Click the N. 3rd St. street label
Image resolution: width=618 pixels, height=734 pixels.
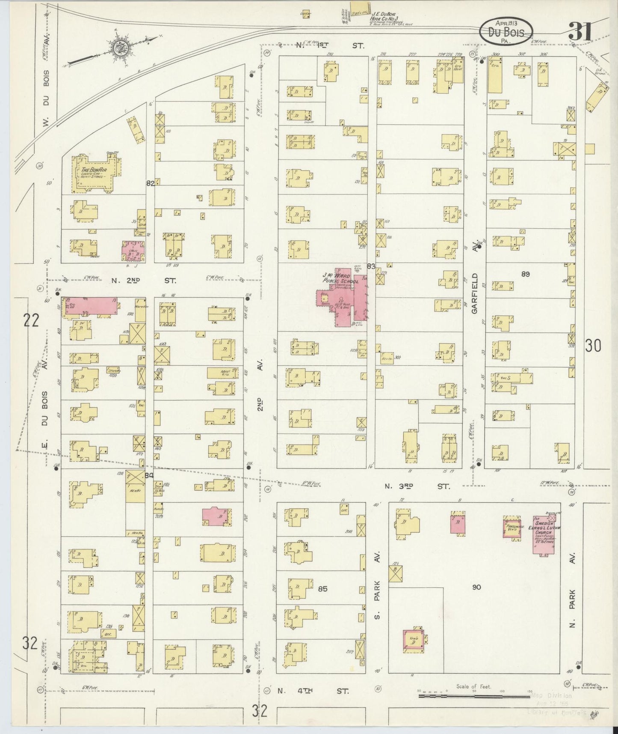[417, 486]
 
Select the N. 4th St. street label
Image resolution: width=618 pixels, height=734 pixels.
[313, 691]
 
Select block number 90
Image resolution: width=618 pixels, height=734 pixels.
[476, 587]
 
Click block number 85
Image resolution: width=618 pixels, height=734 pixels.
[322, 589]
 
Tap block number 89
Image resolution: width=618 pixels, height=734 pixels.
[525, 274]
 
